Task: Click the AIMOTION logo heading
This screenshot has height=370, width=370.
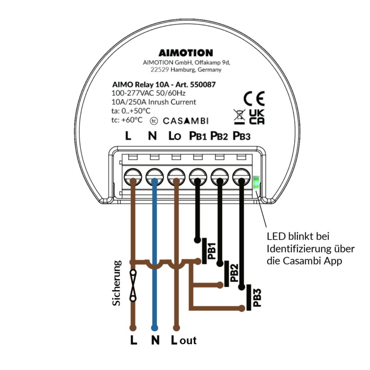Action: (x=185, y=53)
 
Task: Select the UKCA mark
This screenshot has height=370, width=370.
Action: (x=257, y=117)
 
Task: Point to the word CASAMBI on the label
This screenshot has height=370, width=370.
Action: (x=185, y=121)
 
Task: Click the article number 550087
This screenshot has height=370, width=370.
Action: (x=204, y=85)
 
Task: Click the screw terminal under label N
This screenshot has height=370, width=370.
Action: (x=154, y=176)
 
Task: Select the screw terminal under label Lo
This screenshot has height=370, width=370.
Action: (x=176, y=176)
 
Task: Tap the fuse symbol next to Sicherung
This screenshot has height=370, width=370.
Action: (x=133, y=285)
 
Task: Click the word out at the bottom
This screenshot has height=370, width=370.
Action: (x=188, y=340)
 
